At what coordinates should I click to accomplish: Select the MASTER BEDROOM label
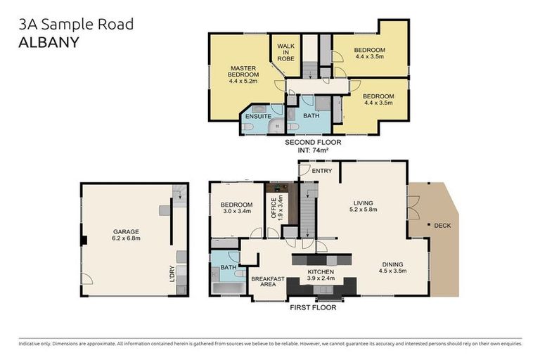(244, 71)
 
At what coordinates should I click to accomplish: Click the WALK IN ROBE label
(285, 52)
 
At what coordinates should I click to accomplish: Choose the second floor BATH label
(310, 115)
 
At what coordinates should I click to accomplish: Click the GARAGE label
(127, 231)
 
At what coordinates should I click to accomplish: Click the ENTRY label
(322, 171)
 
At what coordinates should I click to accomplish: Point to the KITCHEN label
(321, 272)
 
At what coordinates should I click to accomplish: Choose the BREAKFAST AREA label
(267, 282)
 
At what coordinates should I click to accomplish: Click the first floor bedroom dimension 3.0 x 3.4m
(237, 211)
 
